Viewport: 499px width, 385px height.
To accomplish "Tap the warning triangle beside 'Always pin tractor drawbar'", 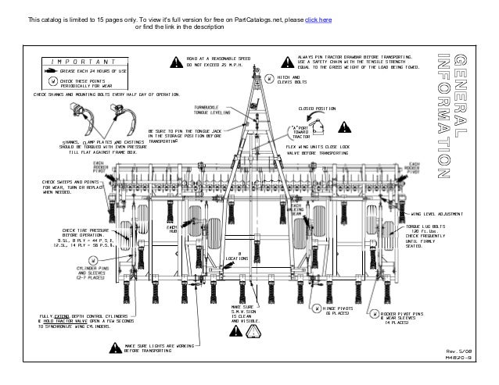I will [x=287, y=62].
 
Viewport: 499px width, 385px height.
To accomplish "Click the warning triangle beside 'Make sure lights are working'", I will [x=114, y=348].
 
